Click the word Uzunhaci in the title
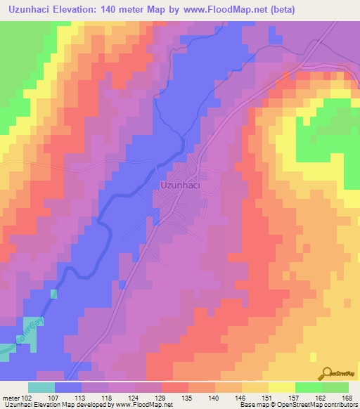click(30, 9)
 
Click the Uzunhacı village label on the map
click(183, 186)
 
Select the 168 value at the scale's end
click(347, 398)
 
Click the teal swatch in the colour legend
click(41, 387)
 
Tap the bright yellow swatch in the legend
click(281, 387)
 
